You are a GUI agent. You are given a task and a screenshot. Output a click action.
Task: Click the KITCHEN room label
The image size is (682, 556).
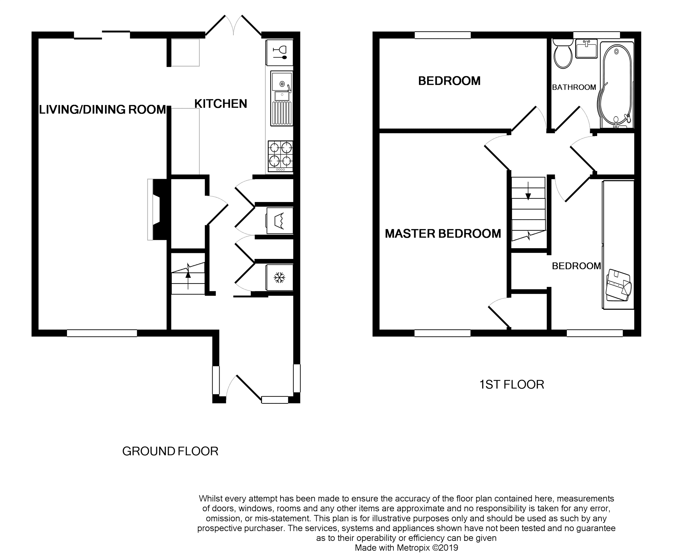pyautogui.click(x=221, y=104)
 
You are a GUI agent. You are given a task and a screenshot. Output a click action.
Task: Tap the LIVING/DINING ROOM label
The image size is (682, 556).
pyautogui.click(x=103, y=109)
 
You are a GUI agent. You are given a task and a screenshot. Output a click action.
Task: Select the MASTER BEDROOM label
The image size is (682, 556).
pyautogui.click(x=443, y=234)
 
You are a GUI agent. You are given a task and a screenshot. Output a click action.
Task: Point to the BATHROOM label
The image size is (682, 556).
pyautogui.click(x=574, y=87)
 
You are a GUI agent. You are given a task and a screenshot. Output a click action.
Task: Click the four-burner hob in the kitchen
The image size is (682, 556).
pyautogui.click(x=280, y=156)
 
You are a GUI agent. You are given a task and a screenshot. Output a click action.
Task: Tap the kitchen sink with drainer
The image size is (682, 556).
pyautogui.click(x=282, y=98)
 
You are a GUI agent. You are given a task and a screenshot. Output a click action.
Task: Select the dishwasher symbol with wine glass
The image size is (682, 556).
pyautogui.click(x=279, y=53)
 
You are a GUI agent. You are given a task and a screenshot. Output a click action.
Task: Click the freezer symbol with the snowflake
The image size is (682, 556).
pyautogui.click(x=279, y=278)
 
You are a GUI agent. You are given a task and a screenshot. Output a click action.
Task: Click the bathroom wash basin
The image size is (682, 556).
pyautogui.click(x=586, y=48)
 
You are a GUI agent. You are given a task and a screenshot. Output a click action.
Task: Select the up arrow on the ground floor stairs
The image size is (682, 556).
pyautogui.click(x=188, y=279)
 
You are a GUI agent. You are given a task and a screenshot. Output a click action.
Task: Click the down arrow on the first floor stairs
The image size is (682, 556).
pyautogui.click(x=528, y=191)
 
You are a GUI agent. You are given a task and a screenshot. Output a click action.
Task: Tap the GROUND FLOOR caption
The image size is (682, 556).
pyautogui.click(x=170, y=451)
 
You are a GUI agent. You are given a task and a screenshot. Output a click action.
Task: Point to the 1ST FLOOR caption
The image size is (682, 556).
pyautogui.click(x=512, y=385)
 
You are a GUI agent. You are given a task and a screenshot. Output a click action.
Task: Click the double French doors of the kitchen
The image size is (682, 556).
pyautogui.click(x=233, y=25)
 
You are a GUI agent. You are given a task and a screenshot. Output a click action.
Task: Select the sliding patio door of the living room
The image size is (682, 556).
pyautogui.click(x=102, y=35)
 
